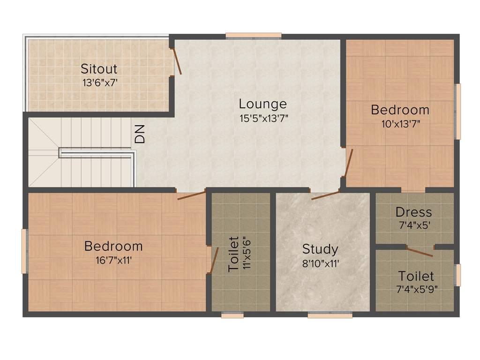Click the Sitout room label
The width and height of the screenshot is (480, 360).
point(99,69)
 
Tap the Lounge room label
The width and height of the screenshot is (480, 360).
point(262,104)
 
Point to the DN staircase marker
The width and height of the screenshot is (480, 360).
point(140,135)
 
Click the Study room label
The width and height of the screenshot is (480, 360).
point(320,249)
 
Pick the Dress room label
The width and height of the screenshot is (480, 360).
point(413,212)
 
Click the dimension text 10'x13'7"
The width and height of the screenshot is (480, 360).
point(400,124)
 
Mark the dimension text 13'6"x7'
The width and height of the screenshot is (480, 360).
point(99,82)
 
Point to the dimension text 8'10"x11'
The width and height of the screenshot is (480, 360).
point(320,263)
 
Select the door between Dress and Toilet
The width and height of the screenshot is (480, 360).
point(419,252)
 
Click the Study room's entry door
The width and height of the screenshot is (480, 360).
point(325,195)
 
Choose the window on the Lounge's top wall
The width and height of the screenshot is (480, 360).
point(253,35)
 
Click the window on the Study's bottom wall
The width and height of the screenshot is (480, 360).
point(330,315)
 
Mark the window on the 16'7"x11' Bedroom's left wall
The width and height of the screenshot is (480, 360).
point(24,251)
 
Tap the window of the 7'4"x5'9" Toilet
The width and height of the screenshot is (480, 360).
point(458,275)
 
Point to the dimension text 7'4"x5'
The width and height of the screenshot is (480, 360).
point(413,225)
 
